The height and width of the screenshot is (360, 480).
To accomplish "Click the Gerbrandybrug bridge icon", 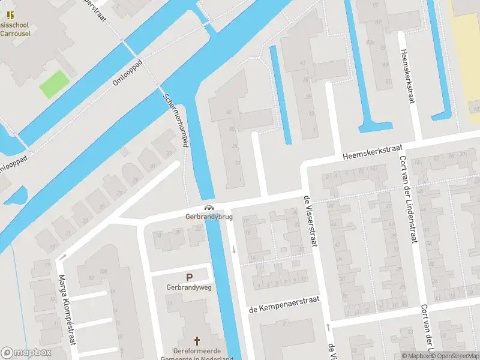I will tap(209, 208).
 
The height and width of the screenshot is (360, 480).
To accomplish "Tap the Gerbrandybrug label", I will tap(209, 217).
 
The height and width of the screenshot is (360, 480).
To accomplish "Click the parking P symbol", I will tap(190, 278).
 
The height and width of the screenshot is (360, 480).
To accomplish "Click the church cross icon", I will tap(197, 340).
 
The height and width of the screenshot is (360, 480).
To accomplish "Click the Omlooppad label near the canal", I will tap(127, 72).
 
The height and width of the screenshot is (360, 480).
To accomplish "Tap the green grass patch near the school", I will tap(53, 85).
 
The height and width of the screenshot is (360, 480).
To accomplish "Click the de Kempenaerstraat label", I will tap(284, 304).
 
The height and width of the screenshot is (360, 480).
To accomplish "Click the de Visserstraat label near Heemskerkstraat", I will tap(310, 222).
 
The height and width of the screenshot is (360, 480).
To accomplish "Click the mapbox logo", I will tap(26, 352).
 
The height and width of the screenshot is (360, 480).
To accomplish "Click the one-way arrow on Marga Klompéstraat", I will tap(62, 257).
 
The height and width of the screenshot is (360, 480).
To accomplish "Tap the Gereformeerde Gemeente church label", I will tap(197, 354).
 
